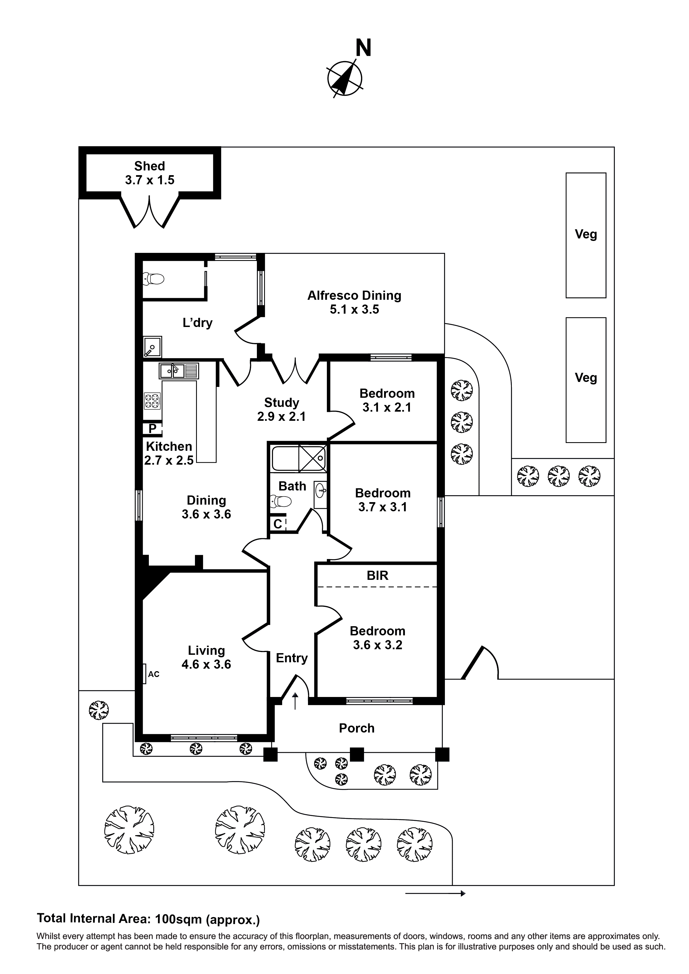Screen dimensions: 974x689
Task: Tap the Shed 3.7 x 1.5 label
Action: (149, 173)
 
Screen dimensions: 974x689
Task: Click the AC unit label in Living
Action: (153, 674)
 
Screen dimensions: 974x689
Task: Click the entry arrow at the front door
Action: (295, 701)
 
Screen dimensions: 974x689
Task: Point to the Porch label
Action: (357, 728)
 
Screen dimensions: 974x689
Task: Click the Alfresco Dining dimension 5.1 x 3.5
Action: (354, 309)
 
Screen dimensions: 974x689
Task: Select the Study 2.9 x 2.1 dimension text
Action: (281, 417)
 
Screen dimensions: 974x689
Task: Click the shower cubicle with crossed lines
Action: (312, 458)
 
